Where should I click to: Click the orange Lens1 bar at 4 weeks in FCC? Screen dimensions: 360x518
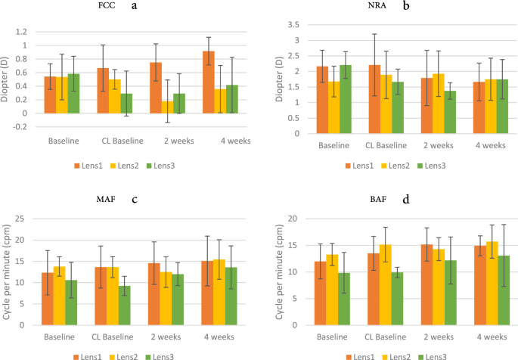[x=208, y=82]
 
